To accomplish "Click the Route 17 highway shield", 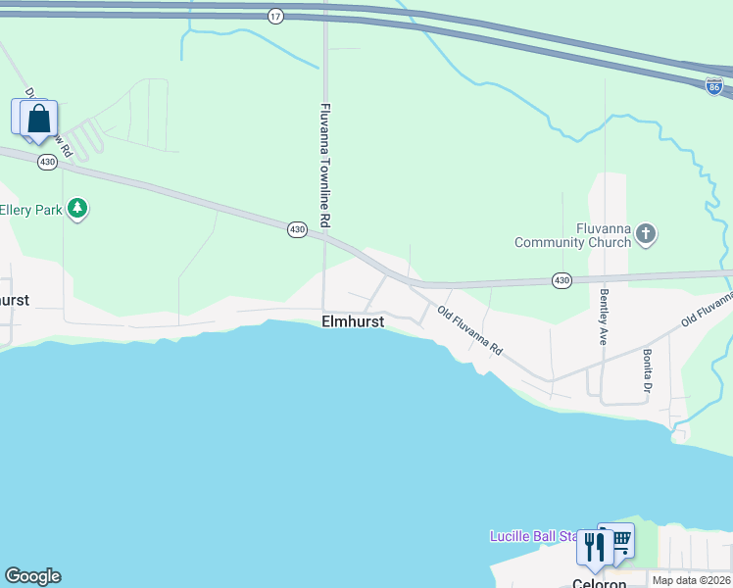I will point(275,17).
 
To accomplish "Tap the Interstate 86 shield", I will point(713,86).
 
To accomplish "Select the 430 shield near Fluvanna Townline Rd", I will point(297,229).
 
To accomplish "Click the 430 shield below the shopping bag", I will point(46,162).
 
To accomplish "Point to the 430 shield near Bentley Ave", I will point(561,280).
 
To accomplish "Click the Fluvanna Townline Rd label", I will point(326,160).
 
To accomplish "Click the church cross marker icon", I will point(645,233).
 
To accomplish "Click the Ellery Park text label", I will point(31,210).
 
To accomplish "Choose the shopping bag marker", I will point(39,119).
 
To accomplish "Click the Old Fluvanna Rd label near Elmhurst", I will point(469,331).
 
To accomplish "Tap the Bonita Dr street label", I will point(648,370).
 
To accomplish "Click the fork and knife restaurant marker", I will point(594,545).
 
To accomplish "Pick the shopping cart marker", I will point(618,539).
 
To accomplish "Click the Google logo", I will point(32,576).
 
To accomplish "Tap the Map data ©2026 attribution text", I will point(691,580).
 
